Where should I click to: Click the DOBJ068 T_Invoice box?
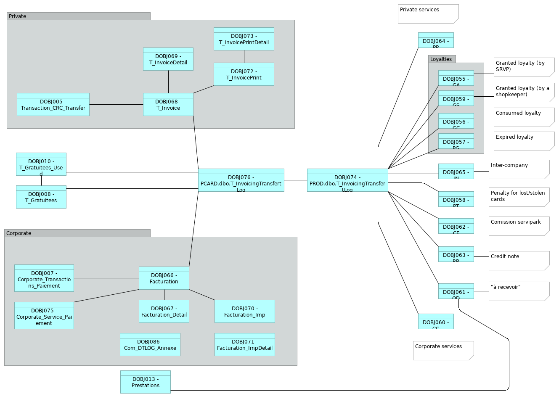[168, 105]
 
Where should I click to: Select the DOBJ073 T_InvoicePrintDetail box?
[244, 39]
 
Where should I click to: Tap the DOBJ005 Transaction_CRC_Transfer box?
[53, 105]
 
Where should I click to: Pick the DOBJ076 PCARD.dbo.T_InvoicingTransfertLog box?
[241, 180]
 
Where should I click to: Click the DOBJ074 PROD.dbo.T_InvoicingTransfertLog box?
[347, 180]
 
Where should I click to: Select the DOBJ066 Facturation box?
[164, 278]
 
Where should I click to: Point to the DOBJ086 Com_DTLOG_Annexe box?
[150, 345]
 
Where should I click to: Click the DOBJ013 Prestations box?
[145, 382]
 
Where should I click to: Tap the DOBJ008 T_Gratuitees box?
[41, 197]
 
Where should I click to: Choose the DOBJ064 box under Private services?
[436, 40]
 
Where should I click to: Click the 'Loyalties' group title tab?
[442, 59]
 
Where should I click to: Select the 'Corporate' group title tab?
[77, 233]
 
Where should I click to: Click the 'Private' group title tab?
[78, 16]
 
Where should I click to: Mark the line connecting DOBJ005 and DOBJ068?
[116, 105]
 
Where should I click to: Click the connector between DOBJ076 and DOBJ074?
[295, 180]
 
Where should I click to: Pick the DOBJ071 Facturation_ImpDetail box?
[244, 345]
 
